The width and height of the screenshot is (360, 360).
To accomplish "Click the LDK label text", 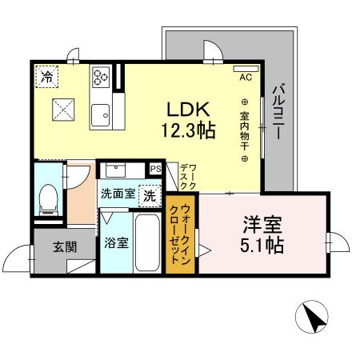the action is point(189,110).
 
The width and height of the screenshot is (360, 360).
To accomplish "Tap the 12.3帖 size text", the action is point(189,130).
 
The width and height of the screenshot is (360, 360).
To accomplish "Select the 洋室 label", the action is point(262,224).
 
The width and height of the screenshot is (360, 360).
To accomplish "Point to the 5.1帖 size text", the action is point(262,245).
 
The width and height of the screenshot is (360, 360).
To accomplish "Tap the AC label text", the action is point(246,78).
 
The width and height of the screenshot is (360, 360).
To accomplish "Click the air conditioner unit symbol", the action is point(246,69).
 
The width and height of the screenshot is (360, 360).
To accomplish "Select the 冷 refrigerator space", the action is point(46,77).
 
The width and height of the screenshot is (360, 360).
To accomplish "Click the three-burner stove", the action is point(101,77).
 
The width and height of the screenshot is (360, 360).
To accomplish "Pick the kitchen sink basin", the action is point(100,115).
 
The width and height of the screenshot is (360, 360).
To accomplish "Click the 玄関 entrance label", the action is point(65,247).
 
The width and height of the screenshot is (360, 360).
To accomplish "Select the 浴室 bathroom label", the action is point(116,242).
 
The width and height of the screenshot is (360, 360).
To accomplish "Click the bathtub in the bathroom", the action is point(147,242).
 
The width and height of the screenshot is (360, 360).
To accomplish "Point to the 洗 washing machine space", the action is point(150,196).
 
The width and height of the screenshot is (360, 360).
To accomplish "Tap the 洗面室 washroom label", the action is point(118,194).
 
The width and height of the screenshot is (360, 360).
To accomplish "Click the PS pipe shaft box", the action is point(155,169).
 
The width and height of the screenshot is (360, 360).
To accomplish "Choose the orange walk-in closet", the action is point(180,234).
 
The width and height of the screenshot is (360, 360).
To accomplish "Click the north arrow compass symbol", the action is point(312,317).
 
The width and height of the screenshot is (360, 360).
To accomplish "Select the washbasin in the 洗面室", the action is point(115,170).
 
